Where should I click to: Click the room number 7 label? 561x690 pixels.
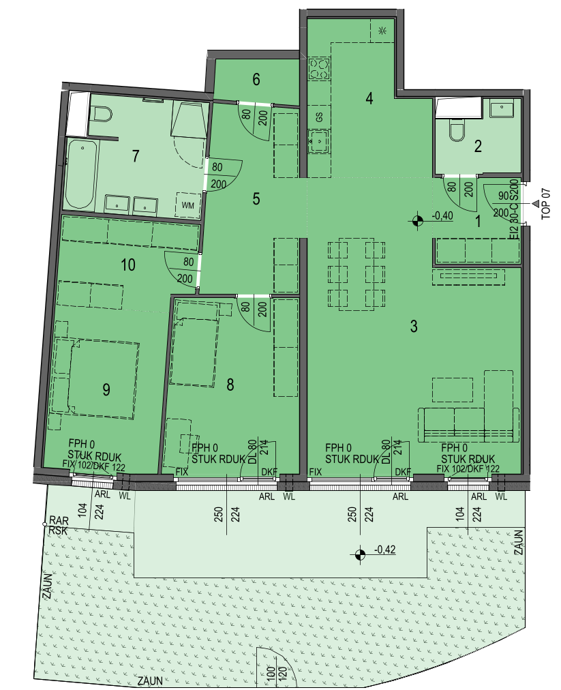coord(136,155)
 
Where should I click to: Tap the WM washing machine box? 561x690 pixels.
coord(188,205)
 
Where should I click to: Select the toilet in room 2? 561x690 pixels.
coord(457,131)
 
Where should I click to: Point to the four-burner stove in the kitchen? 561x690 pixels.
coord(319,69)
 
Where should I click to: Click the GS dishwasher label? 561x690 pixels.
coord(319,117)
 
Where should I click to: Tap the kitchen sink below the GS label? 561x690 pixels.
coord(318,141)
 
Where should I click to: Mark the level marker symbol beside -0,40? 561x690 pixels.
coord(417,220)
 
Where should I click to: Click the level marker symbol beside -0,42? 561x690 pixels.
coord(360,554)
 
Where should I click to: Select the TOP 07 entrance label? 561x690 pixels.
coord(546,204)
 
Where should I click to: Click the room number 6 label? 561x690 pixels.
coord(256,79)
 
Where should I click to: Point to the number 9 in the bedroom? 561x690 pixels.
coord(106,389)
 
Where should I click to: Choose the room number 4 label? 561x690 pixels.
coord(369,98)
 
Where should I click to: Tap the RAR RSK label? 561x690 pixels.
coord(59,526)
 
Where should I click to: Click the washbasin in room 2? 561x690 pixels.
coord(502,108)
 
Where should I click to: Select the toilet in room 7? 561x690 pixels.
coord(101,115)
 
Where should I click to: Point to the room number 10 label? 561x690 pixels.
coord(128,265)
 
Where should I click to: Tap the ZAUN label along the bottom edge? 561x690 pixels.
coord(151,681)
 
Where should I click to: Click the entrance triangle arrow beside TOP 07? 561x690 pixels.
coord(536,203)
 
